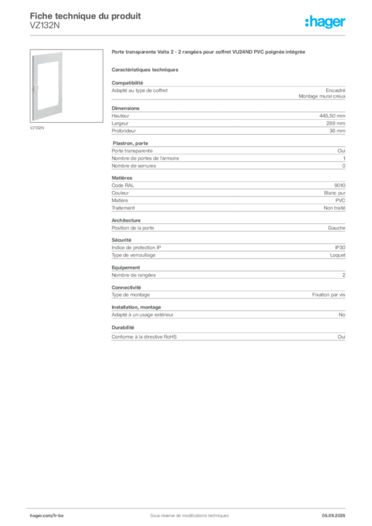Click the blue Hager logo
click(326, 23)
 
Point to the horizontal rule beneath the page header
click(189, 35)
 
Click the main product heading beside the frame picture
click(210, 53)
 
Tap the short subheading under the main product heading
click(145, 68)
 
